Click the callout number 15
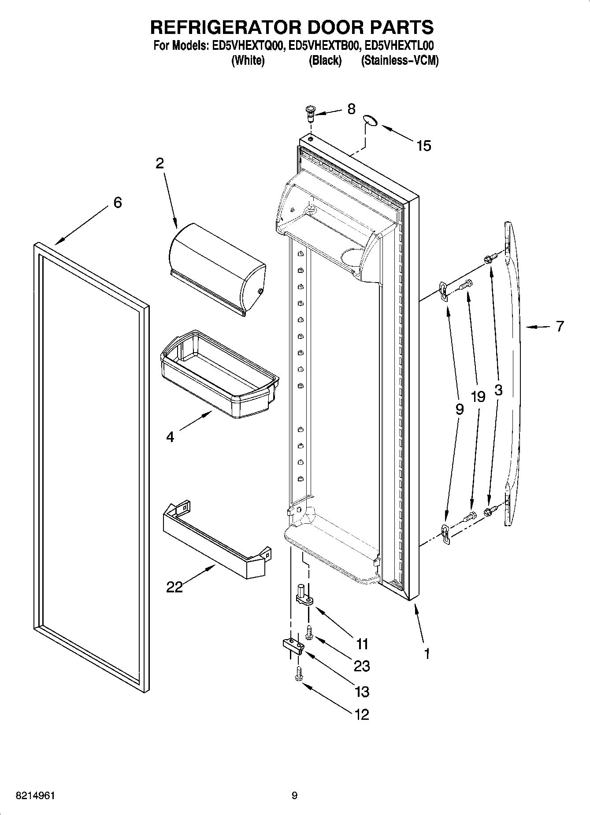pos(423,145)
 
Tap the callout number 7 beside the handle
pos(560,327)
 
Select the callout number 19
pos(478,397)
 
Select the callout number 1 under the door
pos(427,653)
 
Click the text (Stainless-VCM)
pos(400,61)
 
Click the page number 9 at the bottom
pos(294,796)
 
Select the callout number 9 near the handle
pos(460,409)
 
